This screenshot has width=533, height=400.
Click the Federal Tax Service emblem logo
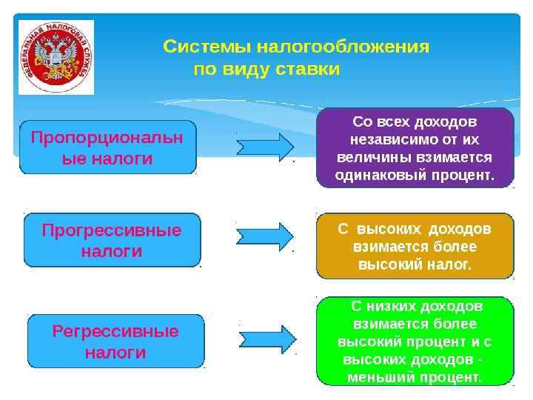[56, 57]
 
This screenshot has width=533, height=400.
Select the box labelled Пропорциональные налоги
[107, 147]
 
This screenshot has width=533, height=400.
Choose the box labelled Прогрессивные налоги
[112, 240]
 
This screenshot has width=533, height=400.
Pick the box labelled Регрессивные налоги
[115, 341]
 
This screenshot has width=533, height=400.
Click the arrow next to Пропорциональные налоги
[265, 146]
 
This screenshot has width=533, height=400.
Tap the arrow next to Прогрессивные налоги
[265, 236]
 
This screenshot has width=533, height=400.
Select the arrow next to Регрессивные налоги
[268, 339]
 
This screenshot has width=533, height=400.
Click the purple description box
[415, 147]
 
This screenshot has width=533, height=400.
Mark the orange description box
[415, 246]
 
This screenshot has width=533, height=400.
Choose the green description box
[415, 341]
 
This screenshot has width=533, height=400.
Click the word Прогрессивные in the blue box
[112, 230]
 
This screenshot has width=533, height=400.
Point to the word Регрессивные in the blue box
[115, 332]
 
